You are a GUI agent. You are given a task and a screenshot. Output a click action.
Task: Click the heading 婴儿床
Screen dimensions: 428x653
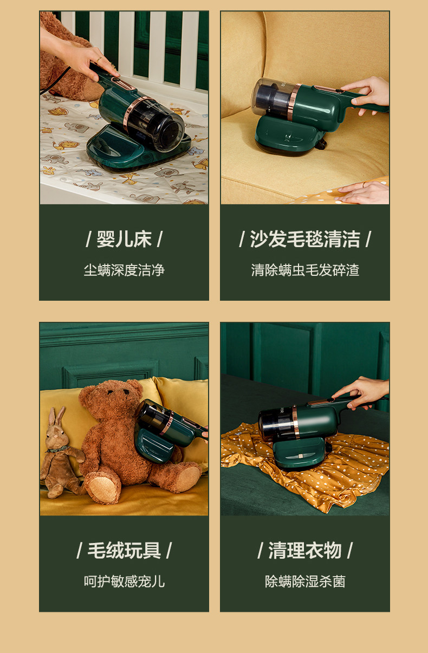(x=124, y=240)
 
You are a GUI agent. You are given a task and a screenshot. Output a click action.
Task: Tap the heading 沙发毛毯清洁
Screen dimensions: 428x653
(x=305, y=240)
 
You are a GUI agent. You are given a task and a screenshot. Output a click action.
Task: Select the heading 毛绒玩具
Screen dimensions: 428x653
(x=124, y=551)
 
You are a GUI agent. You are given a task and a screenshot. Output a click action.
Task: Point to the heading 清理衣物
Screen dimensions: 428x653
(x=305, y=551)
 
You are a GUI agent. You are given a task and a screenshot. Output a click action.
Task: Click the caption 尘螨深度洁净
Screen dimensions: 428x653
(x=124, y=270)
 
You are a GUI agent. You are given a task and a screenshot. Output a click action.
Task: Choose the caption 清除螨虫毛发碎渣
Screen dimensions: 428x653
(x=305, y=270)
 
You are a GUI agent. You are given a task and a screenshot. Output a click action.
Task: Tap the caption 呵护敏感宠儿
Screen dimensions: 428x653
(x=124, y=581)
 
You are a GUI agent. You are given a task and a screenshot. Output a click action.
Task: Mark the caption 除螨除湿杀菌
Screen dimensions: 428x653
(x=305, y=581)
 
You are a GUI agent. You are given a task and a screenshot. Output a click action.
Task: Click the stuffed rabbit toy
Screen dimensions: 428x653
(x=60, y=455)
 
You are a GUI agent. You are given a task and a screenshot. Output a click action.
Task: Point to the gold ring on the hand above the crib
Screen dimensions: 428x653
(x=99, y=60)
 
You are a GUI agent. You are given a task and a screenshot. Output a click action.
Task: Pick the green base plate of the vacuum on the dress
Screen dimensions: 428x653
(x=300, y=454)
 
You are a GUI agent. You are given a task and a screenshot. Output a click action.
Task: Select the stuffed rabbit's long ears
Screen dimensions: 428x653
(x=56, y=416)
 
